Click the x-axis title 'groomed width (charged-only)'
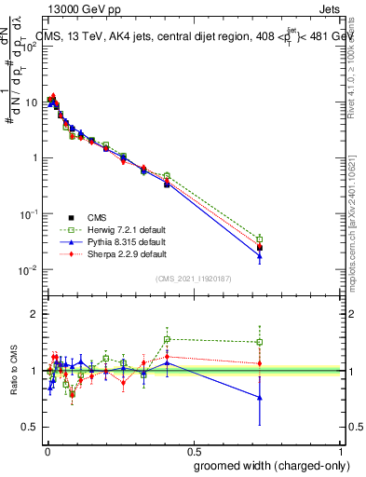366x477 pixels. (x=266, y=465)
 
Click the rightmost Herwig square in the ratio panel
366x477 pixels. (x=260, y=342)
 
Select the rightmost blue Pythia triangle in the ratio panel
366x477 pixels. (x=260, y=398)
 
